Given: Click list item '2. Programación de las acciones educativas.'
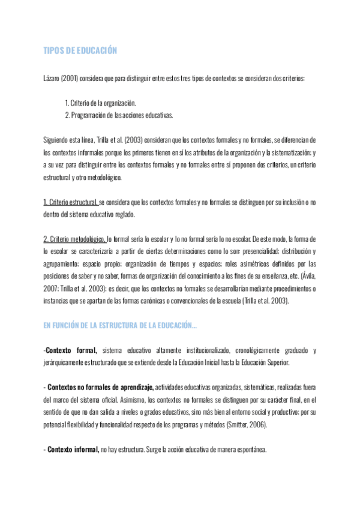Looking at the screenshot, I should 119,115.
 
